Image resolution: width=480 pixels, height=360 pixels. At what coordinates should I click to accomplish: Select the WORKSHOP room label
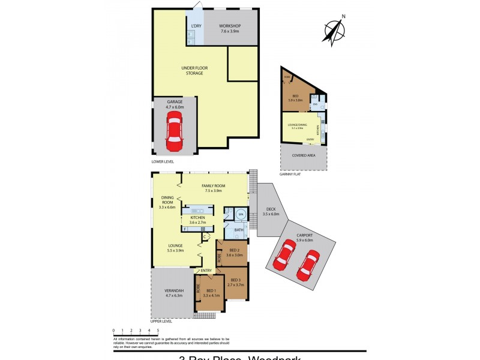point(229,26)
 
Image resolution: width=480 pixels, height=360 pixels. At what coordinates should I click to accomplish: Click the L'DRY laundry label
point(196,26)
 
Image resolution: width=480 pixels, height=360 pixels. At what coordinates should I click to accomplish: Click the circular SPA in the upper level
point(240,214)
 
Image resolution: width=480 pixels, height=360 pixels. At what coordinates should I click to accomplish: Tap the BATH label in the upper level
point(239,229)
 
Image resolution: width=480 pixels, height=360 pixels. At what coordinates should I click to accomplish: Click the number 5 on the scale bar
point(158,330)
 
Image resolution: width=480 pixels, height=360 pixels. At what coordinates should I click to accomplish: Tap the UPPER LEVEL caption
point(163,322)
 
